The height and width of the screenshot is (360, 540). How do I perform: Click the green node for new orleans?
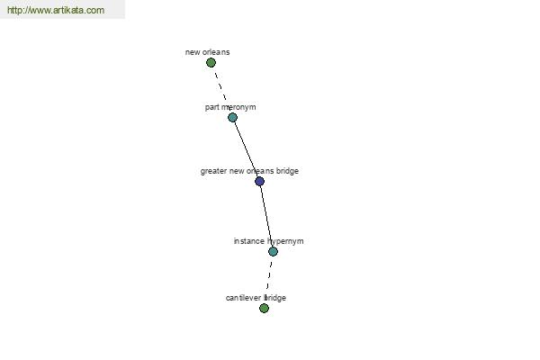pos(211,63)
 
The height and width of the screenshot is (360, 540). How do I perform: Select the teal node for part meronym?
pos(232,118)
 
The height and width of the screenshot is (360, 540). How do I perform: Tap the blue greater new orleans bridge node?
pos(260,181)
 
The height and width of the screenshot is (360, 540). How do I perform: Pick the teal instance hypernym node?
pos(273,251)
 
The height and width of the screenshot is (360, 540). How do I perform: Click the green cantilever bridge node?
pos(264,308)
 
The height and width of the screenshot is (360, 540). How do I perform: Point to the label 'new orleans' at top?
pos(207,52)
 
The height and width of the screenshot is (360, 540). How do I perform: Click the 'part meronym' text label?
pos(230,107)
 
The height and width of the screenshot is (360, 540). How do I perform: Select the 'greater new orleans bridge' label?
pos(249,171)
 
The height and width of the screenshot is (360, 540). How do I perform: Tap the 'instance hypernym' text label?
pos(268,241)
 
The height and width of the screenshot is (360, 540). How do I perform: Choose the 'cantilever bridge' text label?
pos(256,298)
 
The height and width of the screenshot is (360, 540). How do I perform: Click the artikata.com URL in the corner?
pos(56,10)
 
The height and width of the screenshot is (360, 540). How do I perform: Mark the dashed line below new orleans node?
pos(221,87)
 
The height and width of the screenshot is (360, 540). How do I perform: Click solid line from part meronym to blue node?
pos(245,148)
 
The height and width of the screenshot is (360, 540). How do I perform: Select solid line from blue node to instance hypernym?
pos(266,216)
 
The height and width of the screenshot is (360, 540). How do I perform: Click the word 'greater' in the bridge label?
pos(213,171)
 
